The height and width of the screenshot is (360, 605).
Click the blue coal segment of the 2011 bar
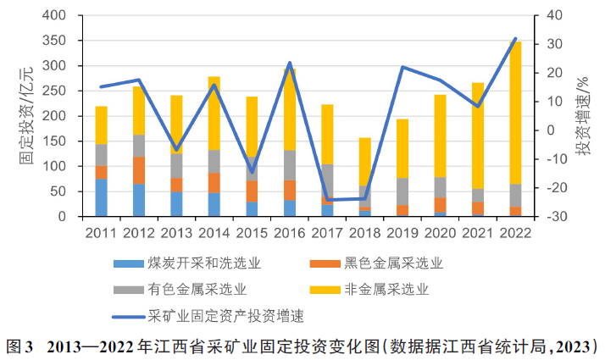pyautogui.click(x=101, y=197)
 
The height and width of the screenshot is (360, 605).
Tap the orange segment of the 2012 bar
pyautogui.click(x=139, y=170)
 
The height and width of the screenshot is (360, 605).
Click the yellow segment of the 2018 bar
pyautogui.click(x=364, y=161)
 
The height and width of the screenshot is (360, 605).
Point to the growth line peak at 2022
pyautogui.click(x=515, y=38)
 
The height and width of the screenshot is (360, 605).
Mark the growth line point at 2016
pyautogui.click(x=290, y=63)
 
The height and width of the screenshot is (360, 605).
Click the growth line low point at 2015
pyautogui.click(x=252, y=172)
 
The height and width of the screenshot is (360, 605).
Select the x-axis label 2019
pyautogui.click(x=402, y=232)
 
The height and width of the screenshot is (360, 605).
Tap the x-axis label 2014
pyautogui.click(x=214, y=232)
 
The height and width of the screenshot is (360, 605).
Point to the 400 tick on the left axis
pyautogui.click(x=65, y=16)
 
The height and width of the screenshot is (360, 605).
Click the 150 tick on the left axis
pyautogui.click(x=65, y=141)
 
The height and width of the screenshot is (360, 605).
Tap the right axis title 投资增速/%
pyautogui.click(x=584, y=116)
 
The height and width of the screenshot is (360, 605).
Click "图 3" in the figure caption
pyautogui.click(x=19, y=346)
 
